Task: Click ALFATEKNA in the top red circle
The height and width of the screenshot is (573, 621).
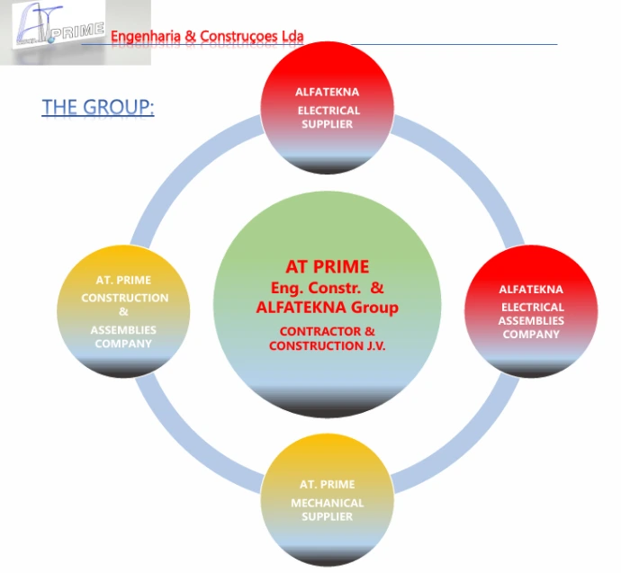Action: click(328, 92)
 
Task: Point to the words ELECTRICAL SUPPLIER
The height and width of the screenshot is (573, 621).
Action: click(328, 117)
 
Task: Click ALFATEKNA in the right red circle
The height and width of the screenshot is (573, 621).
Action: click(531, 290)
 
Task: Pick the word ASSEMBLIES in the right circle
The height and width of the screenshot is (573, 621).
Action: click(533, 320)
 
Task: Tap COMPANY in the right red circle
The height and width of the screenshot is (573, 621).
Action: click(531, 335)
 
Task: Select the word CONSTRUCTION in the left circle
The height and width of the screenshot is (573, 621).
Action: click(124, 298)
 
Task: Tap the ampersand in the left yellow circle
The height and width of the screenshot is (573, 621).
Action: click(123, 312)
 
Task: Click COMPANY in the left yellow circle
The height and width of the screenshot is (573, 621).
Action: click(122, 344)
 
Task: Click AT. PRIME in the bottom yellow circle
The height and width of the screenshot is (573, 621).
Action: click(328, 485)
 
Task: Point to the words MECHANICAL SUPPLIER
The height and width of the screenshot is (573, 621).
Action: click(328, 509)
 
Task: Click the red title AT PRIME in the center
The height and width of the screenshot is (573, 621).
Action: click(328, 267)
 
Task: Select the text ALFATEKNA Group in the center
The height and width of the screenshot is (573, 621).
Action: click(328, 308)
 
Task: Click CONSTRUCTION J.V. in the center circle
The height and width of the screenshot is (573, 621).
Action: click(327, 345)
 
